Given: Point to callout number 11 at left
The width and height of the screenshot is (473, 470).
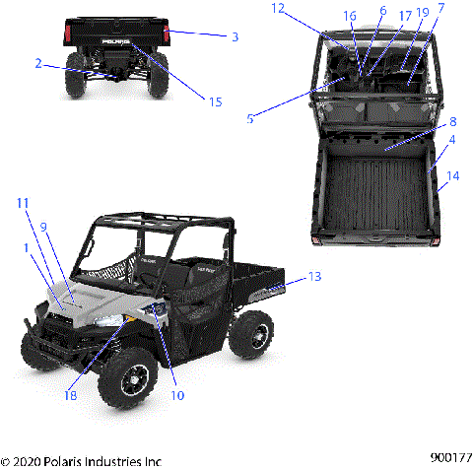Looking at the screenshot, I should point(22,202).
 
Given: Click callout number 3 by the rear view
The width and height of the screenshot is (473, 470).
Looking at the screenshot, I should point(234,36).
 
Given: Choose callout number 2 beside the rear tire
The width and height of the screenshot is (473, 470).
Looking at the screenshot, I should point(37,63).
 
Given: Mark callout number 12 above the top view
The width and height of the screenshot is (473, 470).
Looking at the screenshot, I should point(277,8).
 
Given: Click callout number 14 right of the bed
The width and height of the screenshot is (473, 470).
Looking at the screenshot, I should point(452,176).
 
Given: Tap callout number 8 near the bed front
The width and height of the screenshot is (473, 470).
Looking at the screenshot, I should point(452,122).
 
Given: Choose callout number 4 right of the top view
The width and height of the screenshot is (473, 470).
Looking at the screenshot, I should point(451,140).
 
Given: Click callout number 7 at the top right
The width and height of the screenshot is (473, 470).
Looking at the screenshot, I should point(440,8).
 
